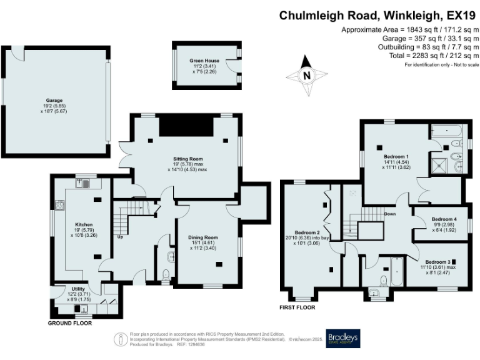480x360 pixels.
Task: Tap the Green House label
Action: pyautogui.click(x=206, y=61)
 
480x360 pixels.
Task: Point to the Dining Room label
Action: pyautogui.click(x=203, y=237)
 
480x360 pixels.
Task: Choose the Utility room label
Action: pyautogui.click(x=78, y=288)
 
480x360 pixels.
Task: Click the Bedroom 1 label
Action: pyautogui.click(x=396, y=156)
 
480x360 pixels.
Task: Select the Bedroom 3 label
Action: pyautogui.click(x=437, y=261)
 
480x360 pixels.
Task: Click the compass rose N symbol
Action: pyautogui.click(x=306, y=75)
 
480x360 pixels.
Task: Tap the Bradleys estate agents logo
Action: pyautogui.click(x=343, y=338)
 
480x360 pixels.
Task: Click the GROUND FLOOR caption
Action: pyautogui.click(x=70, y=324)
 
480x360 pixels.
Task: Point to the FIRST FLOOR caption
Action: pyautogui.click(x=297, y=307)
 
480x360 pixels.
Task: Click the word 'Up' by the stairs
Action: pyautogui.click(x=119, y=237)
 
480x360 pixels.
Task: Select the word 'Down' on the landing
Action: pyautogui.click(x=389, y=214)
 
